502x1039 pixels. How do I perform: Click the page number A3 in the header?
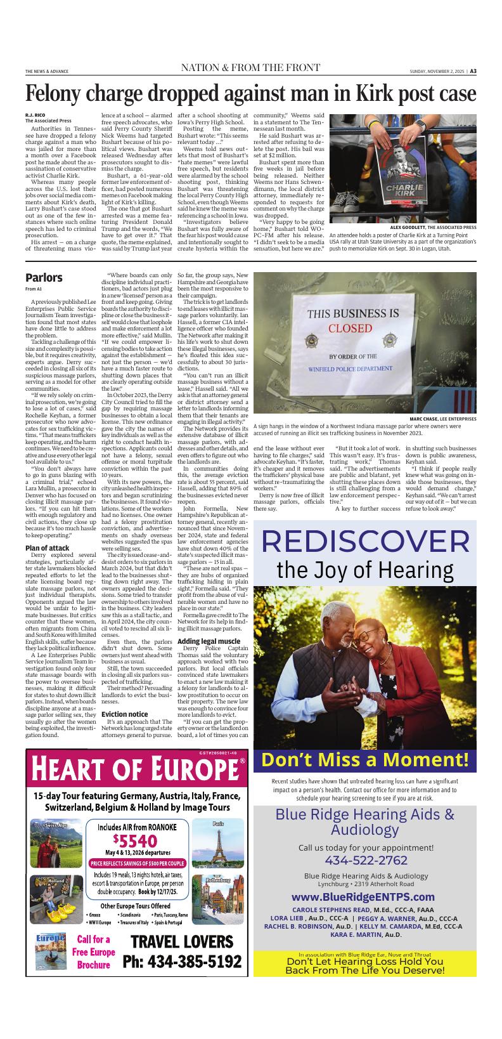pos(472,71)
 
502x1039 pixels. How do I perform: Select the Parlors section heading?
pos(44,277)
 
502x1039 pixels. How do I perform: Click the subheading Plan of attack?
pos(47,547)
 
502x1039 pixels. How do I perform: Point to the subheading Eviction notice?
pos(125,714)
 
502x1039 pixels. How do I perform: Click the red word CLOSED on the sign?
pos(350,328)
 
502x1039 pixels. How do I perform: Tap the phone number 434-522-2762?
pos(365,860)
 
